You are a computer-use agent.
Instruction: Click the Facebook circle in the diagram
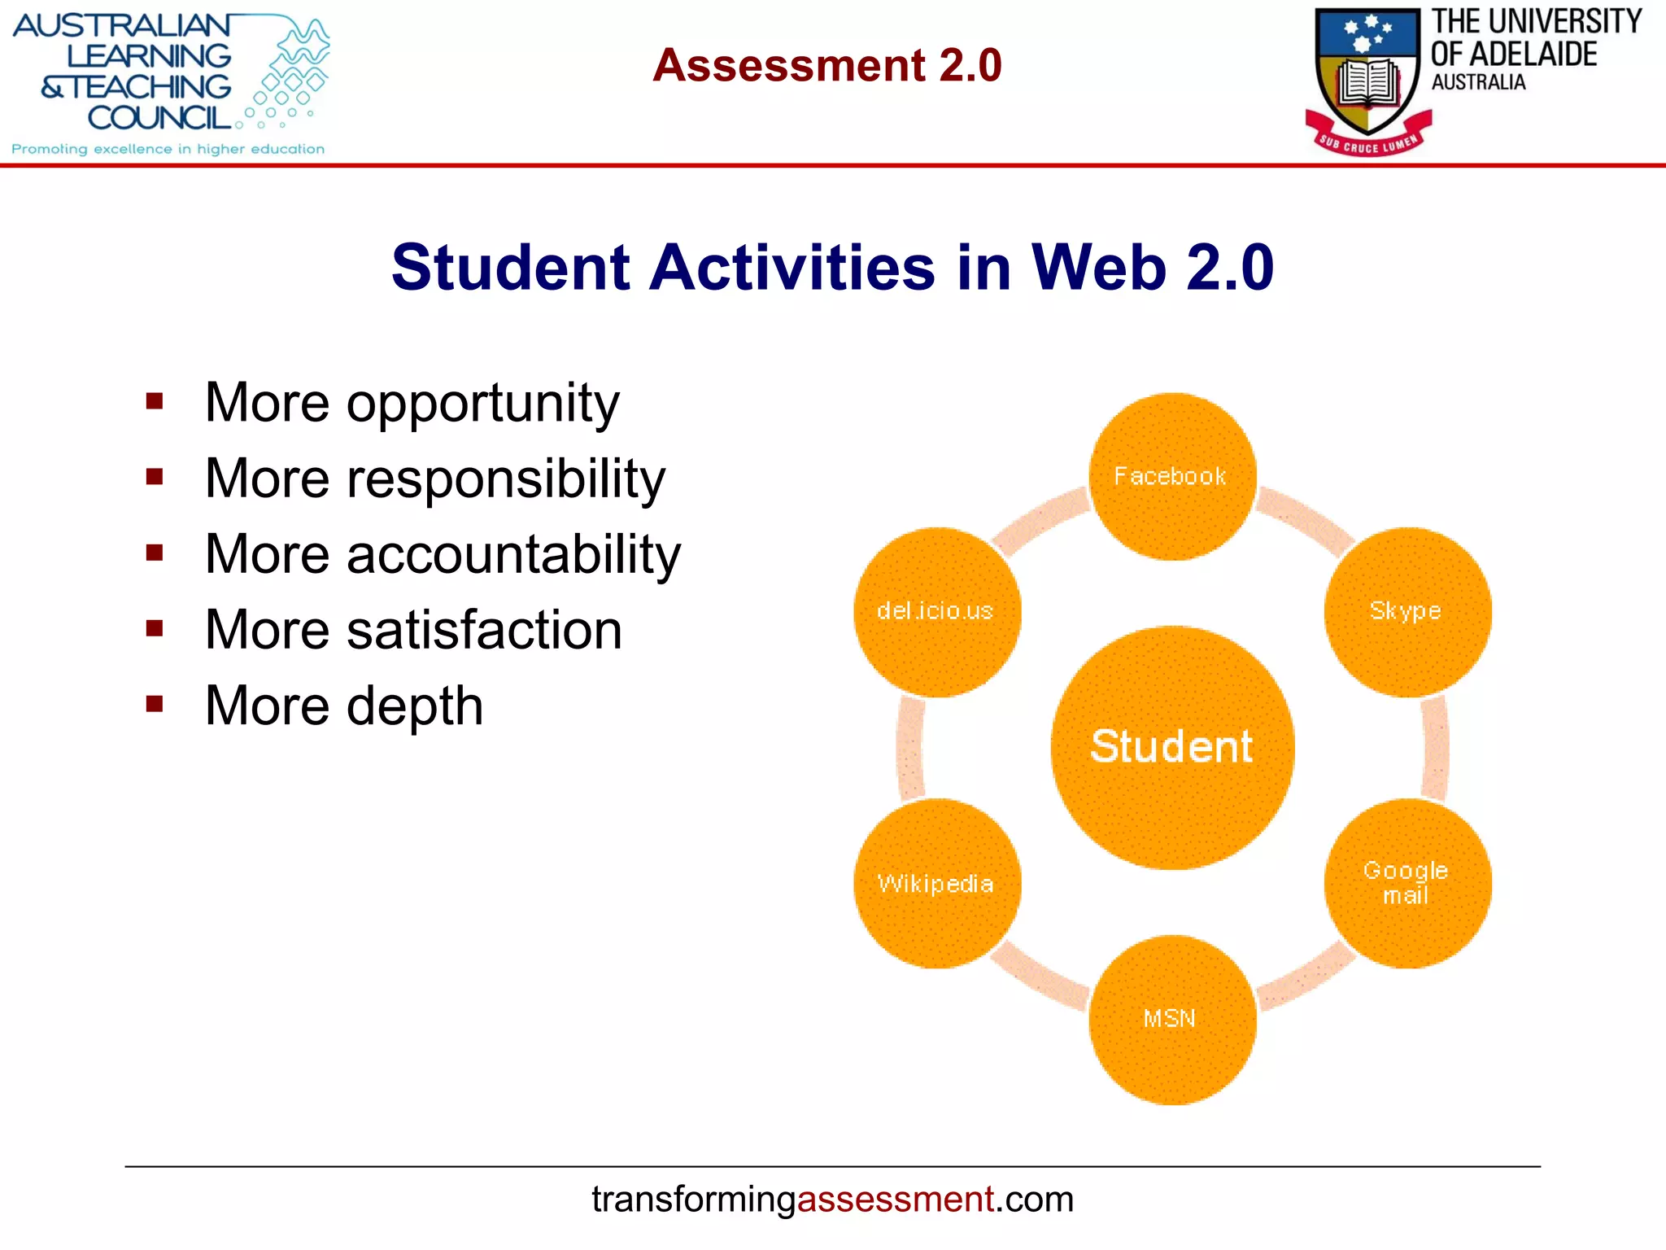[x=1172, y=477]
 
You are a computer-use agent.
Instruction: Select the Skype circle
[x=1407, y=612]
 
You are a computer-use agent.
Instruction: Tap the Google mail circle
[x=1407, y=884]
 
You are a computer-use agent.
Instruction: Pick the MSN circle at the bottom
[x=1172, y=1020]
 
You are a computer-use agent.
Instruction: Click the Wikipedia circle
[x=937, y=884]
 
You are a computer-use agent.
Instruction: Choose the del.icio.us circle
[x=937, y=612]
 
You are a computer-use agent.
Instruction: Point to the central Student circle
[x=1172, y=748]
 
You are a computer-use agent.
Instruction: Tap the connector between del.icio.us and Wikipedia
[x=910, y=748]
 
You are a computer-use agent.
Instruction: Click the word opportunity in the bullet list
[x=483, y=404]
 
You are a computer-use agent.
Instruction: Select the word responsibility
[x=506, y=479]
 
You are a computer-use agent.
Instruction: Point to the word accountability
[x=514, y=554]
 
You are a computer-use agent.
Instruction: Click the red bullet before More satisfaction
[x=155, y=628]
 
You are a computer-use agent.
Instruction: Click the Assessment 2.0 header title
[x=826, y=65]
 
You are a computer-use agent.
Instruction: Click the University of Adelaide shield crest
[x=1368, y=77]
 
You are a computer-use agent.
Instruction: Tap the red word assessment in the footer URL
[x=895, y=1200]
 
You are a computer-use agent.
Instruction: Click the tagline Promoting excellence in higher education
[x=168, y=149]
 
